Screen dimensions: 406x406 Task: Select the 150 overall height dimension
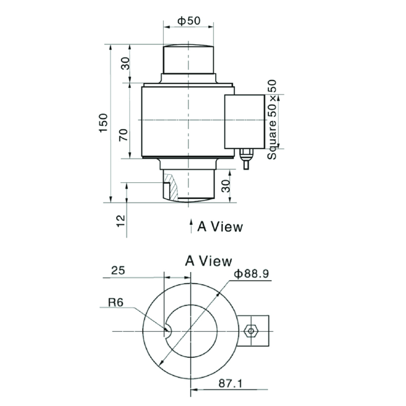pos(104,123)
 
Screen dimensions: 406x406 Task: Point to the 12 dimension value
pos(121,219)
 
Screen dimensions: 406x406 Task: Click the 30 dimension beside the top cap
pos(125,63)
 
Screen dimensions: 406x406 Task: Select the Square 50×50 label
pos(273,120)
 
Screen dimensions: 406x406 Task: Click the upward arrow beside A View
pos(191,226)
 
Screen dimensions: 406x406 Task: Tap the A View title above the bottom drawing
pos(209,261)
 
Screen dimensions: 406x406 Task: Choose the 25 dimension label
pos(118,271)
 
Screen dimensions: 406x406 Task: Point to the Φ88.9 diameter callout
pos(251,274)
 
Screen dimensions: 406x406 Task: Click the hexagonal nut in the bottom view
pos(249,331)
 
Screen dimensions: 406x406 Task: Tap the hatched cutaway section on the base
pos(172,185)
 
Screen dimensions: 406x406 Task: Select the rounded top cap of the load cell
pos(188,58)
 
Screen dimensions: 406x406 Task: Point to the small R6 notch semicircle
pos(168,331)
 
